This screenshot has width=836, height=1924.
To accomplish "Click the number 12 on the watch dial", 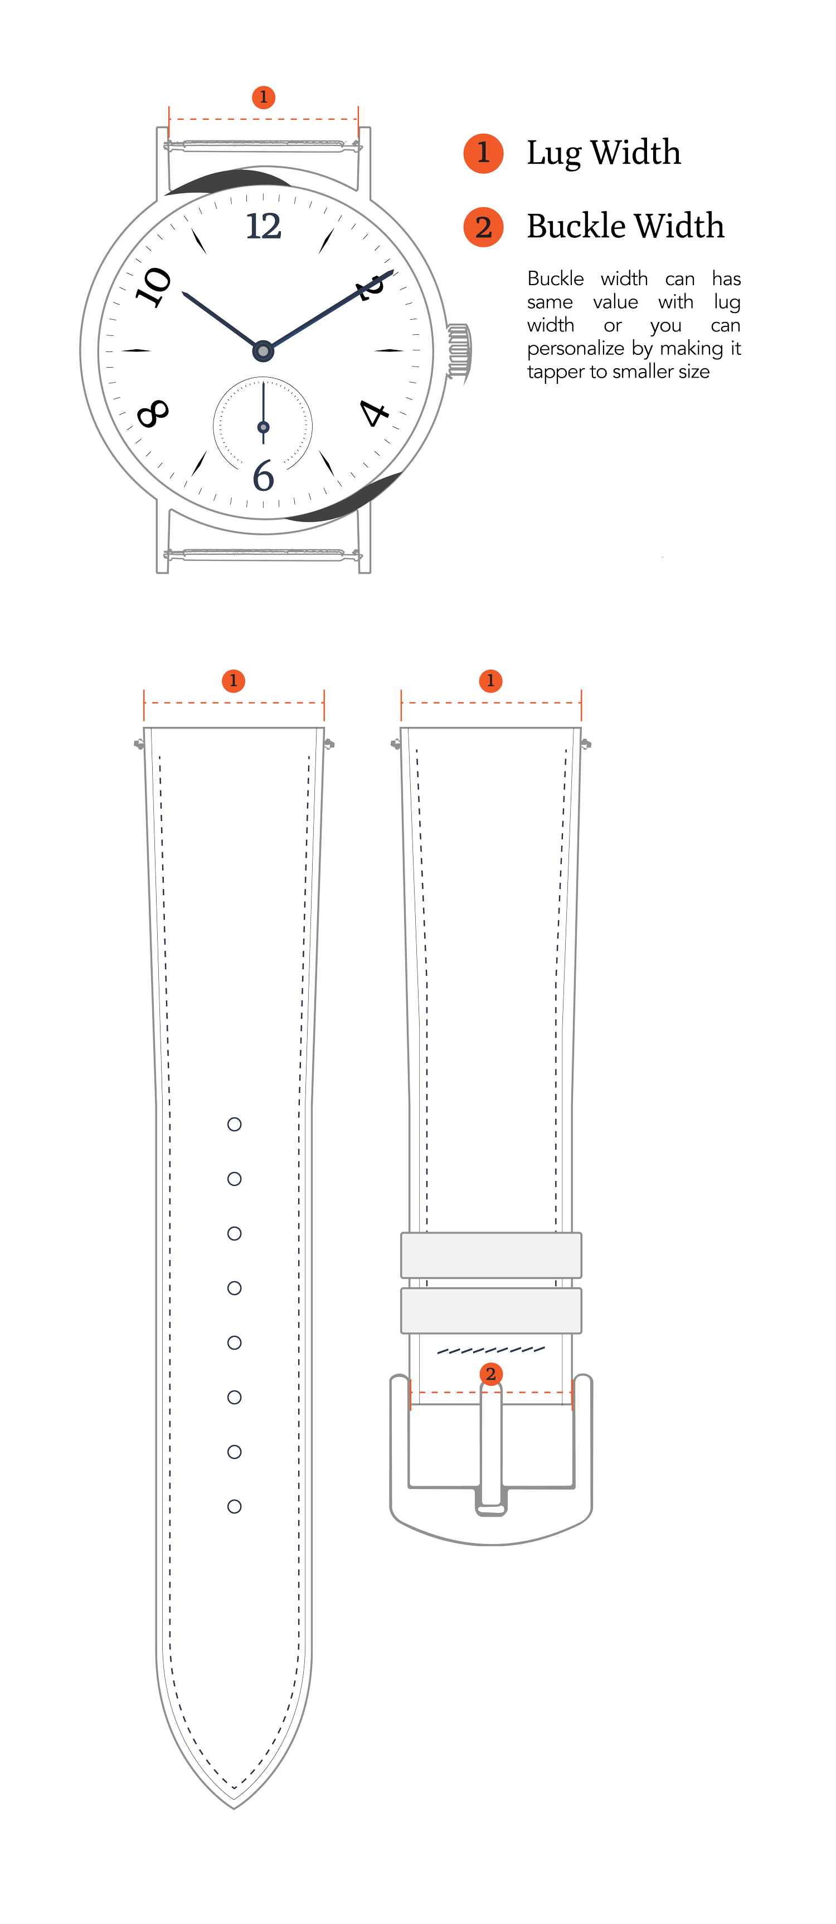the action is [x=264, y=226].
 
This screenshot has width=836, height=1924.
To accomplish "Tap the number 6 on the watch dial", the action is [x=263, y=476].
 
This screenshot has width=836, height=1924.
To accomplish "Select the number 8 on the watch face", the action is [x=153, y=413].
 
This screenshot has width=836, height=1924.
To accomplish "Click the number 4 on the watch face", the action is [x=373, y=412].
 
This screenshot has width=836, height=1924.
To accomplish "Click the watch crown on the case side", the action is [x=459, y=351].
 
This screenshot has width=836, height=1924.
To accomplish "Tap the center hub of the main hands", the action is [x=263, y=350].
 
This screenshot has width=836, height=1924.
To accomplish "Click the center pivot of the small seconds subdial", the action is [x=263, y=427].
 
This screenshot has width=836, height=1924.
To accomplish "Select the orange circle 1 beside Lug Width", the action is [x=483, y=153].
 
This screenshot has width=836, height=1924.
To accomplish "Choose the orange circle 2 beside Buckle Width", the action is [x=483, y=227].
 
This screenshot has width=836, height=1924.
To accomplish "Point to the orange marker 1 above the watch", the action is [x=263, y=97].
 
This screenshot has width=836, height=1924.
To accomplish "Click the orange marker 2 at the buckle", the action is [x=491, y=1374].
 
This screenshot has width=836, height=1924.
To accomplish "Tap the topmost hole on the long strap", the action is [x=235, y=1124].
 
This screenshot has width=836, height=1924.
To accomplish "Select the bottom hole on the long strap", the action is [x=235, y=1506].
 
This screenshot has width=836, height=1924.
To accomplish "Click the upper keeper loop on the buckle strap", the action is [x=491, y=1255].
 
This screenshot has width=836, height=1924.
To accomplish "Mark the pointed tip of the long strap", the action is [x=234, y=1808].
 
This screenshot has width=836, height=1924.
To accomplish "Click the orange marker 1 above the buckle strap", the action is [x=491, y=681].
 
